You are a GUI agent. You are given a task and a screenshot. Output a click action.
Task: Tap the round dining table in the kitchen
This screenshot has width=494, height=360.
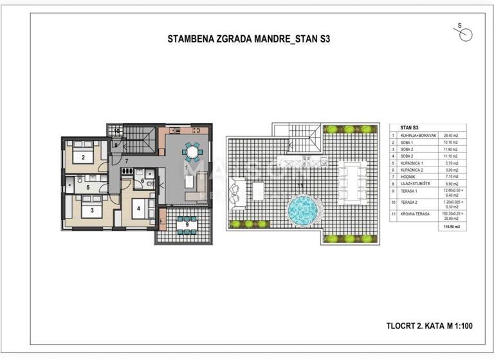tap(192, 152)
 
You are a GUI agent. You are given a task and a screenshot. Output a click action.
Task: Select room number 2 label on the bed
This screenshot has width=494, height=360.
tap(83, 157)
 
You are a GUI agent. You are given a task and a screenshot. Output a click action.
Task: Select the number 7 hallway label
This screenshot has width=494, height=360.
tap(127, 160)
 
